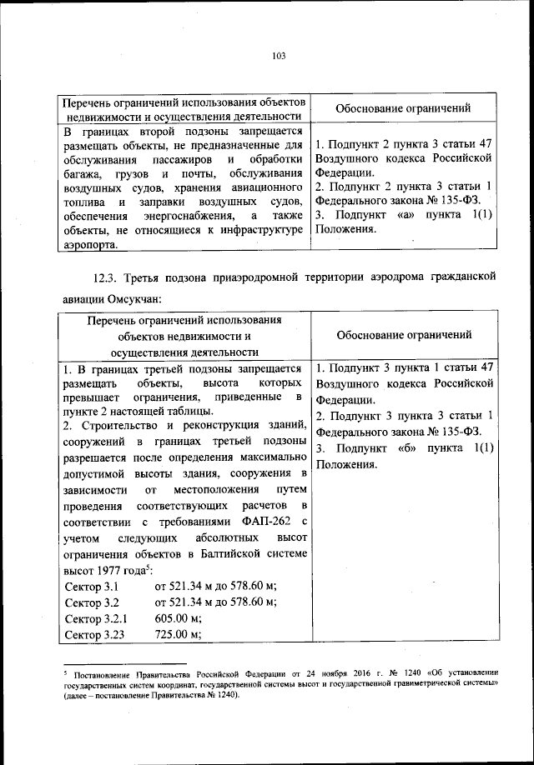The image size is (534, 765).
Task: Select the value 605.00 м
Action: point(179,619)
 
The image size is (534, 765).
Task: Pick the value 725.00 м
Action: point(179,635)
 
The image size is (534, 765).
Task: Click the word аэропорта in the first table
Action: point(91,245)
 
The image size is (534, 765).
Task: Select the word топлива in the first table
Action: point(83,202)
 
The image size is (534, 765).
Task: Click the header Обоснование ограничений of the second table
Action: point(403,335)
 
